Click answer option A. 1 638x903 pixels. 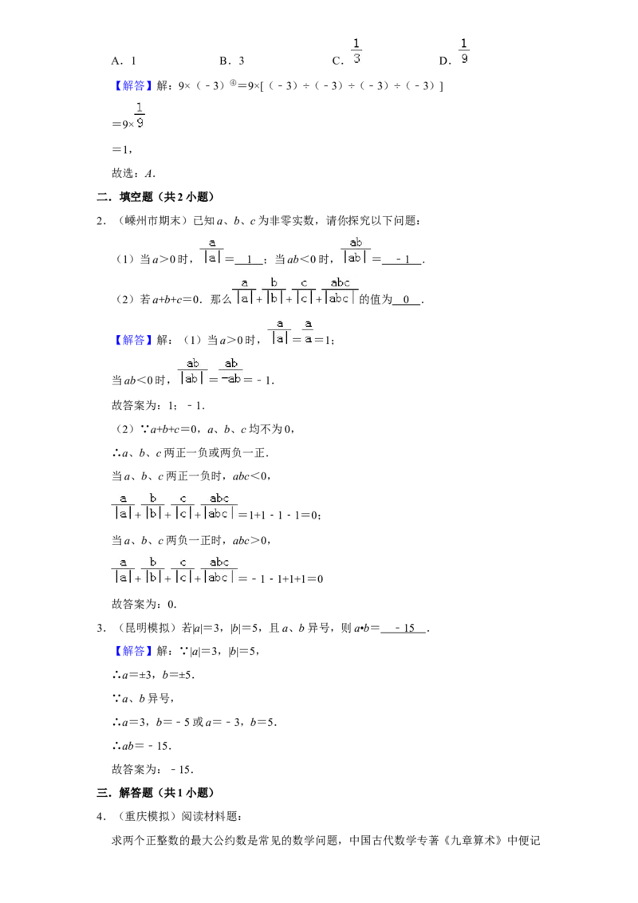[x=124, y=61]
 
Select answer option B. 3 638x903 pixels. [x=232, y=61]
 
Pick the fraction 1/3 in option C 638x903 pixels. [x=356, y=51]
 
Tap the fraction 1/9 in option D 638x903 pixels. [x=464, y=51]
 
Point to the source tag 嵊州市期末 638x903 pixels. [x=152, y=221]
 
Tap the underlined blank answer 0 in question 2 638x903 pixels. [x=407, y=299]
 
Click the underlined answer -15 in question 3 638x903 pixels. [x=404, y=629]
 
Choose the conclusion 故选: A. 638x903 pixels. [x=134, y=173]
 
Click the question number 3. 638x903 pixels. [x=101, y=629]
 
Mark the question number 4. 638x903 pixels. [x=101, y=817]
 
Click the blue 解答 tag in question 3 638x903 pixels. [x=133, y=652]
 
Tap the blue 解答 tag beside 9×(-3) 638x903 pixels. [x=133, y=86]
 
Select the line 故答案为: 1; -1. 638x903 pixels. [x=159, y=405]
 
